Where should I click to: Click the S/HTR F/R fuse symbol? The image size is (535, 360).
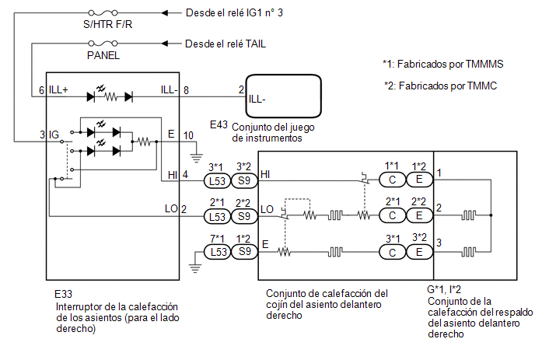click(103, 13)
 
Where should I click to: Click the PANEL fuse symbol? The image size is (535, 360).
click(103, 44)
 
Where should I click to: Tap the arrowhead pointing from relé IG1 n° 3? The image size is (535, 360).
click(165, 13)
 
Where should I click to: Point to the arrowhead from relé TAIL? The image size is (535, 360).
click(165, 44)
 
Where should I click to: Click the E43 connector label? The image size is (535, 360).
click(219, 125)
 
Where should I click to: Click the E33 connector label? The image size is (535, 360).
click(63, 294)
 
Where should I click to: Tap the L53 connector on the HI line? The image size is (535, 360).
click(218, 180)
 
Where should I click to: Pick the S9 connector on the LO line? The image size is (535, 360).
click(244, 216)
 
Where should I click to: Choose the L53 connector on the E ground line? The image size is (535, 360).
click(218, 252)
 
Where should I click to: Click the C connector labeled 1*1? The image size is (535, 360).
click(393, 180)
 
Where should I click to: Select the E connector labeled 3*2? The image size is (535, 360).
click(420, 252)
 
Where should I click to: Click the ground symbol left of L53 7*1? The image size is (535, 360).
click(195, 268)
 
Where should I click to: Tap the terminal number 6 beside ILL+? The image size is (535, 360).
click(42, 90)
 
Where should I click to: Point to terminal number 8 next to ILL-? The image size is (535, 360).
click(186, 90)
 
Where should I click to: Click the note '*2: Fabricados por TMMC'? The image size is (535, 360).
click(440, 86)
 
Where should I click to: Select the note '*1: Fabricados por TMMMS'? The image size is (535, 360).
click(443, 65)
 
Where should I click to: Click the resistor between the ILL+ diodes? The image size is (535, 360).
click(111, 97)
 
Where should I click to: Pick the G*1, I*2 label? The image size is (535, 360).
click(444, 290)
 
